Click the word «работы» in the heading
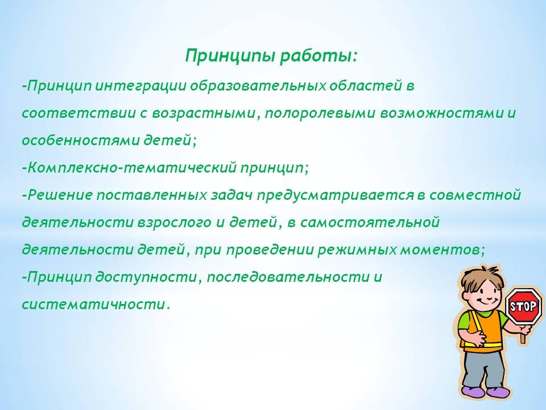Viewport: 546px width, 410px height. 317,56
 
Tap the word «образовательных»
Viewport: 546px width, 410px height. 258,86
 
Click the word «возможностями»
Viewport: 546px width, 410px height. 440,113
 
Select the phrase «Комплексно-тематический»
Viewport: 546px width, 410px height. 132,167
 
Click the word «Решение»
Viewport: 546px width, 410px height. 59,195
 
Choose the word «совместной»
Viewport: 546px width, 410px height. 475,195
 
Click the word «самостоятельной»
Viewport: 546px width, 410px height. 370,223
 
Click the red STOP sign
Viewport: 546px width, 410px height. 523,306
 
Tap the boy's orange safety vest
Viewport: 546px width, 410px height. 483,331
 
